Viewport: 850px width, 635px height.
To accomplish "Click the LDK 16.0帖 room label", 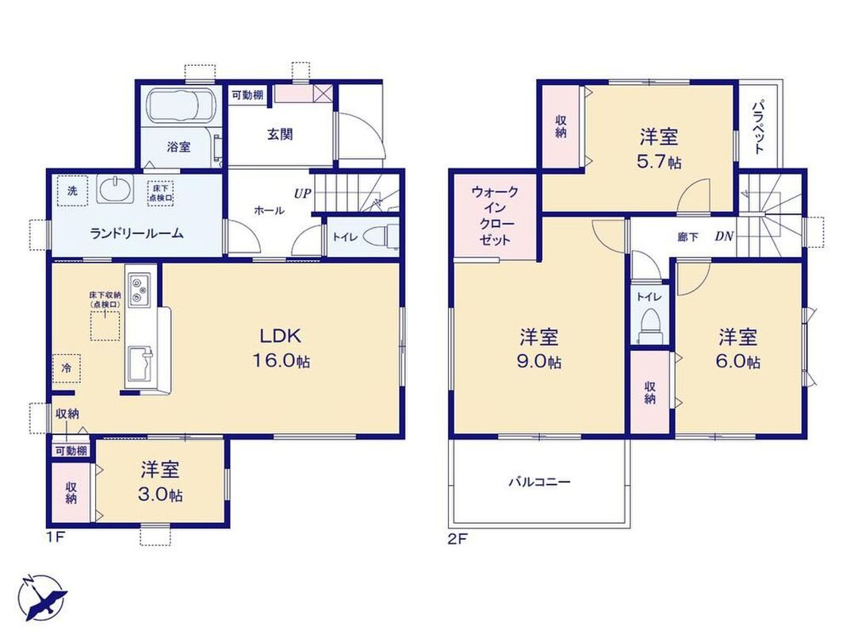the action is [x=280, y=348].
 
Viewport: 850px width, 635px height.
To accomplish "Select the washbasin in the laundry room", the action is [x=115, y=190].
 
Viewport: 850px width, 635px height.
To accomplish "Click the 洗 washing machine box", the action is [x=72, y=191].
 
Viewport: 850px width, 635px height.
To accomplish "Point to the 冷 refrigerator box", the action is [x=67, y=368].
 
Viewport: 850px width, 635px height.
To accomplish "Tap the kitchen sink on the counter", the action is [x=140, y=366].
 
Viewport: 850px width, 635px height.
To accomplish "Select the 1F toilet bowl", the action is [x=378, y=237].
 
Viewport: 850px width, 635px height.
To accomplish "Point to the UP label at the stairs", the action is [x=302, y=193].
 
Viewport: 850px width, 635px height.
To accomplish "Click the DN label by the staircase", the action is [x=724, y=236].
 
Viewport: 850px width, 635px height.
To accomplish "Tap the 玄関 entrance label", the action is [x=280, y=134].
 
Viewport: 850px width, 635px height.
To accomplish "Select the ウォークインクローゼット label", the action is [x=495, y=215].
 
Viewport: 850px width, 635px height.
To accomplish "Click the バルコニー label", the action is [x=539, y=481].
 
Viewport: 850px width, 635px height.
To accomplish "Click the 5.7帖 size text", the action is [x=659, y=162].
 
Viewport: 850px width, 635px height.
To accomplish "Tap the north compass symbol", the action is [x=42, y=597].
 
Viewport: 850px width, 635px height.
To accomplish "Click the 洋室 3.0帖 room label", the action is [x=161, y=481].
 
